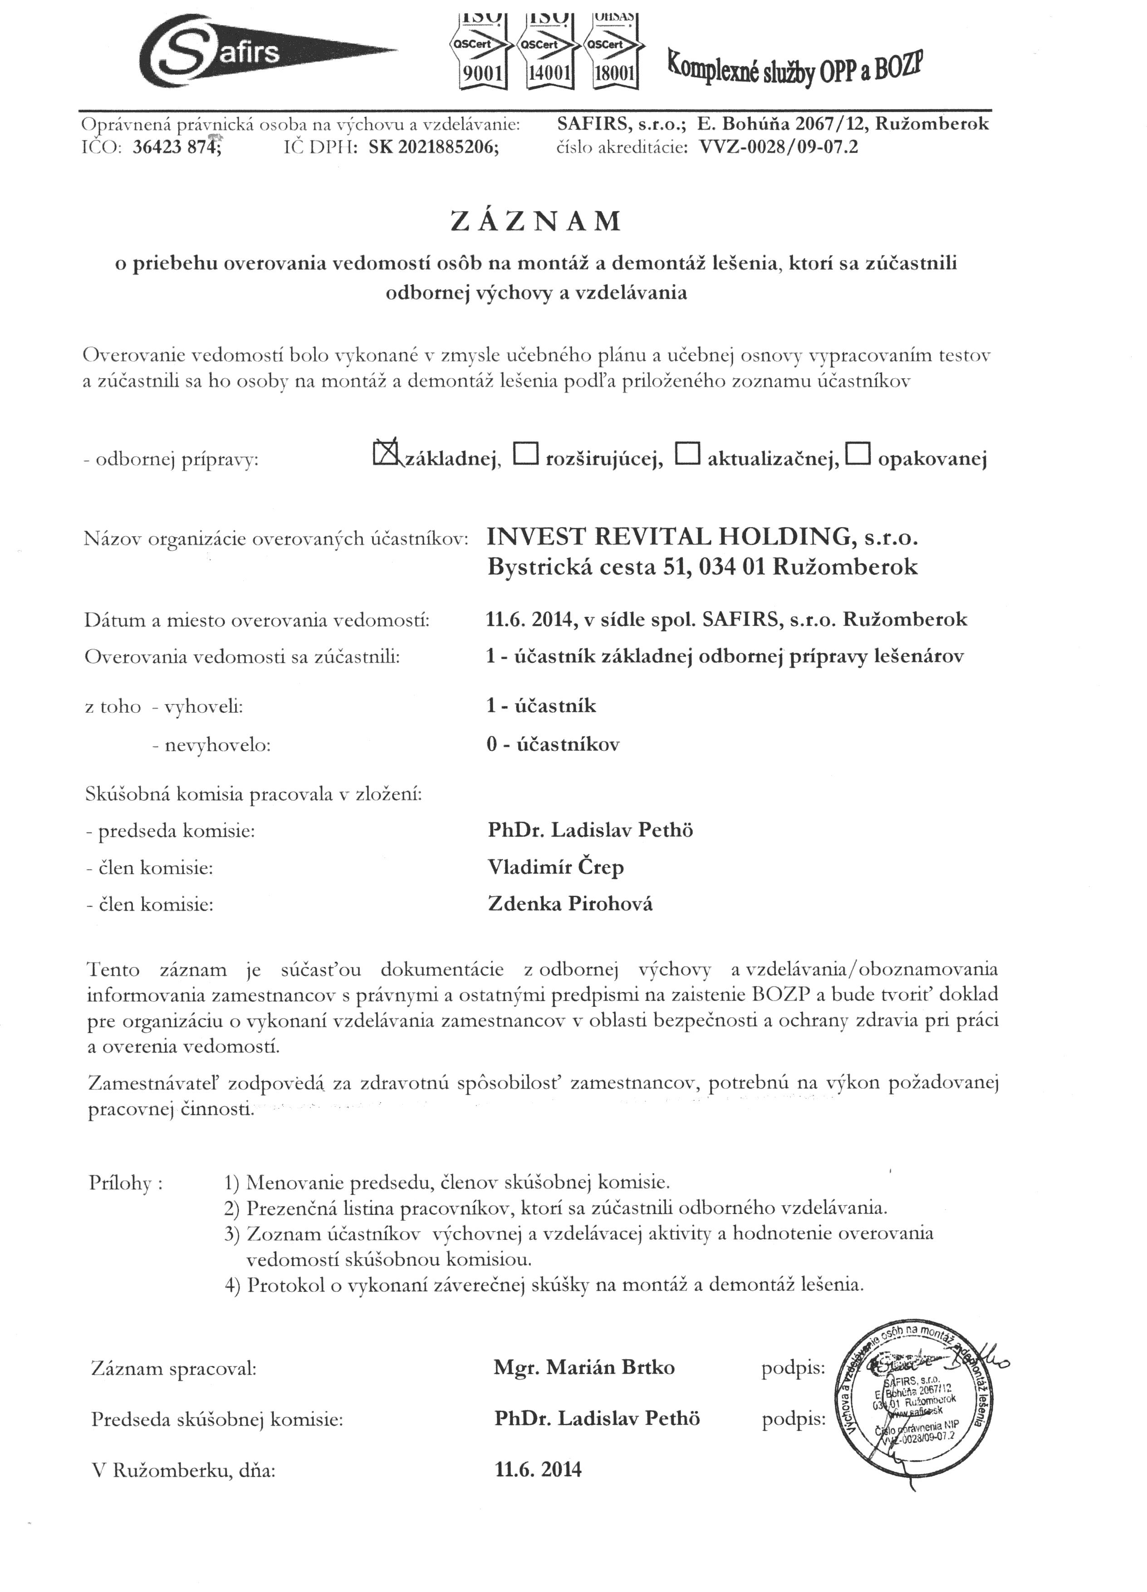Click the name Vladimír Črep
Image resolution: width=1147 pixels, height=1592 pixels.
coord(556,867)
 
